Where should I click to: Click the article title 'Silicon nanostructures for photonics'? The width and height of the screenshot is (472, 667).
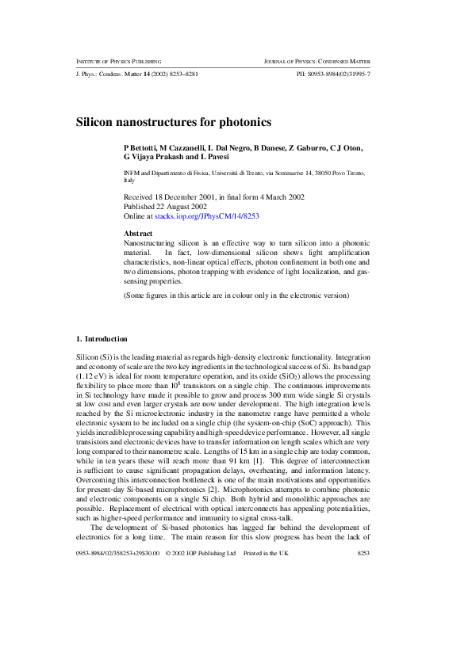tap(174, 123)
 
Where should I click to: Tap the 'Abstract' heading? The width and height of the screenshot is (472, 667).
tap(139, 234)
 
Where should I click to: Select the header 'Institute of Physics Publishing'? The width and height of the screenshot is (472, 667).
tap(119, 61)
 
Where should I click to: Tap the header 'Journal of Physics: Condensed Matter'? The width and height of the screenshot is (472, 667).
tap(317, 61)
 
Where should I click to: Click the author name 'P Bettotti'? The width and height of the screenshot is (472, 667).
tap(140, 148)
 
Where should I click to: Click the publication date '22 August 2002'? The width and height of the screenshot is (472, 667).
tap(187, 206)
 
